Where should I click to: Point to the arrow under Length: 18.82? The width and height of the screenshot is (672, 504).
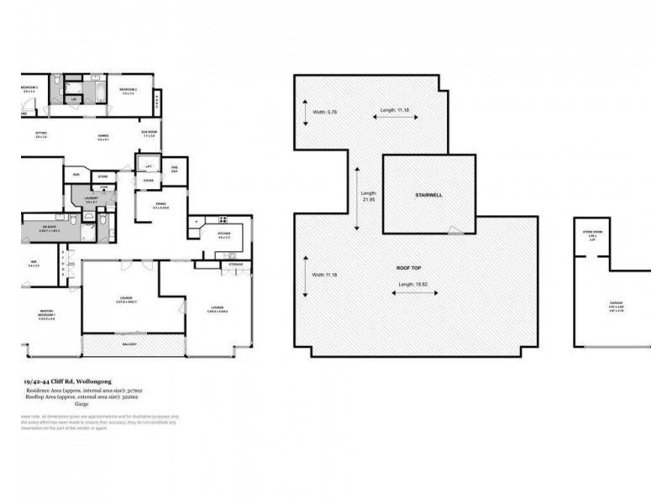click(x=410, y=293)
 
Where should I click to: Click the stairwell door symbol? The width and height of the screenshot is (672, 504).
click(x=454, y=228)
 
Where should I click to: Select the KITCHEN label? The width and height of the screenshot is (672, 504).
click(x=224, y=234)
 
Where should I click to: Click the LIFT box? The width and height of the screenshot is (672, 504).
click(x=148, y=166)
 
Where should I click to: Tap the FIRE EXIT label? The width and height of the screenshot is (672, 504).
click(x=175, y=169)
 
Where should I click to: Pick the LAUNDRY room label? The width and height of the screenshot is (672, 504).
click(x=91, y=198)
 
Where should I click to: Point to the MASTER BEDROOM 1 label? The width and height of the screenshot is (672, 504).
click(x=46, y=315)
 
